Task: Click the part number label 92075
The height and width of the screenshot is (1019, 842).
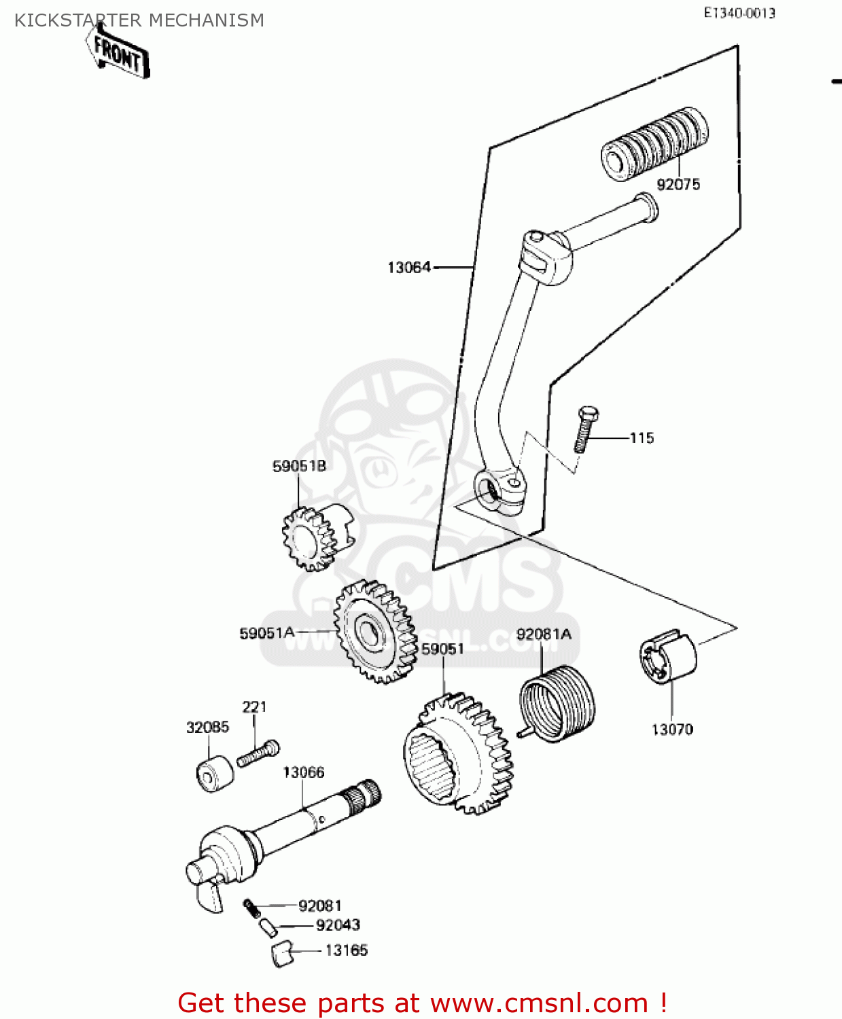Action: pyautogui.click(x=678, y=184)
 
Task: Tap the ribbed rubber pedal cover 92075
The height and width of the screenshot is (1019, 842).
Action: pyautogui.click(x=654, y=143)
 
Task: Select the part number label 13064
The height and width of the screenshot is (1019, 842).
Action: pyautogui.click(x=409, y=268)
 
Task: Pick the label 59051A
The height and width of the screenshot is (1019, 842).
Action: pyautogui.click(x=266, y=633)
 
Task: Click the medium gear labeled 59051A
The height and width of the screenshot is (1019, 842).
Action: pyautogui.click(x=374, y=632)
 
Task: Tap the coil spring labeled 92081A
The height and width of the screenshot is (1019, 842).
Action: pyautogui.click(x=557, y=703)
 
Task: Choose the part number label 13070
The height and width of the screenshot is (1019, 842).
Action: pyautogui.click(x=672, y=730)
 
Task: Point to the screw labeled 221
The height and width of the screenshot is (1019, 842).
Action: pyautogui.click(x=258, y=753)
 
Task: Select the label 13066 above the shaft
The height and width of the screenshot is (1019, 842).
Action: pyautogui.click(x=303, y=772)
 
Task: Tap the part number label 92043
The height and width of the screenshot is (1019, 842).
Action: pyautogui.click(x=338, y=925)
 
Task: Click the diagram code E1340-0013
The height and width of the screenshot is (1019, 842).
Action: pyautogui.click(x=739, y=13)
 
